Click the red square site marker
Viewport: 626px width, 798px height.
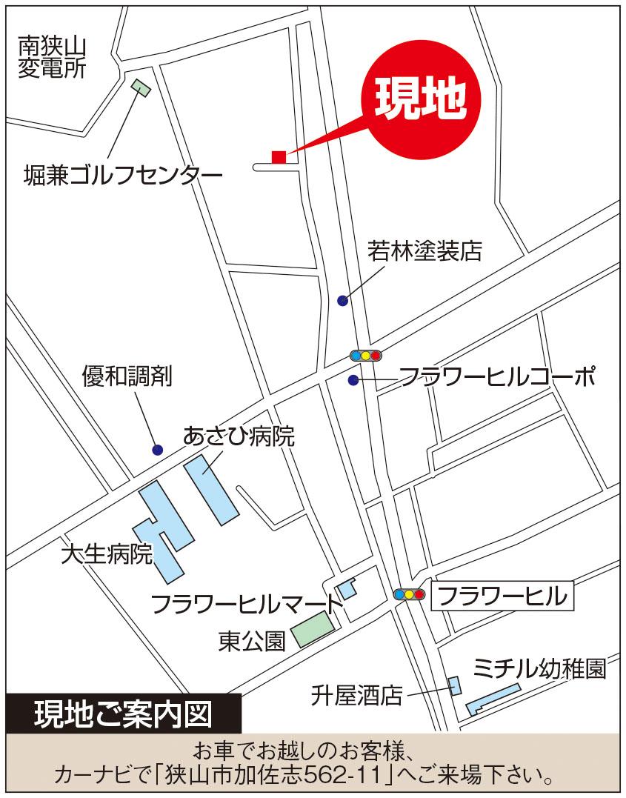[x=279, y=156]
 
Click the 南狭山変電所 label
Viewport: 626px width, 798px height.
[x=53, y=58]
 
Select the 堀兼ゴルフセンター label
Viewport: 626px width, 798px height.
[x=123, y=176]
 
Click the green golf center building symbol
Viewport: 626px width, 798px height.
[x=141, y=87]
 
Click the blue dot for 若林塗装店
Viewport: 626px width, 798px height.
[x=342, y=300]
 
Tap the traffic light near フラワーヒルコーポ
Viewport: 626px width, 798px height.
[x=365, y=356]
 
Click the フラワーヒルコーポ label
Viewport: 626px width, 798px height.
[x=497, y=378]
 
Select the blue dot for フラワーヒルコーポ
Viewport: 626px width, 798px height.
[x=353, y=380]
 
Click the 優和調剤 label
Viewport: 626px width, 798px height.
[x=127, y=376]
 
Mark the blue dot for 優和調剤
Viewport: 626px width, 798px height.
[x=157, y=449]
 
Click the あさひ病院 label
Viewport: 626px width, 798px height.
[x=239, y=436]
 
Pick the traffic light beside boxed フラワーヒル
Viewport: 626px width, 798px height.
[x=409, y=594]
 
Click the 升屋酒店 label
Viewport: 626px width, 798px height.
[x=357, y=696]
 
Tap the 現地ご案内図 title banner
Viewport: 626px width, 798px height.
[x=123, y=714]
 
